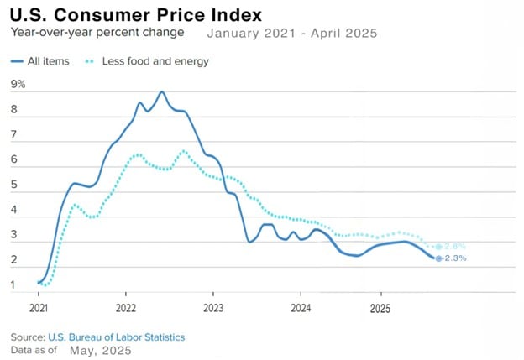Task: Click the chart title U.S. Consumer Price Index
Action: (x=136, y=15)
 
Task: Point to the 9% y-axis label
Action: (x=18, y=84)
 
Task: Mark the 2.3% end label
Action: (x=455, y=258)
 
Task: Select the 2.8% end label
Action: (x=455, y=247)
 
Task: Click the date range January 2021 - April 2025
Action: (x=291, y=34)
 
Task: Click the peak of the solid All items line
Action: (x=162, y=91)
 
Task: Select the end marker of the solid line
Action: (x=438, y=258)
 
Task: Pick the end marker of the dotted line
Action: (x=438, y=247)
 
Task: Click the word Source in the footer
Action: (x=27, y=337)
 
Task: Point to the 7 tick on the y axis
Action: (x=14, y=134)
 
